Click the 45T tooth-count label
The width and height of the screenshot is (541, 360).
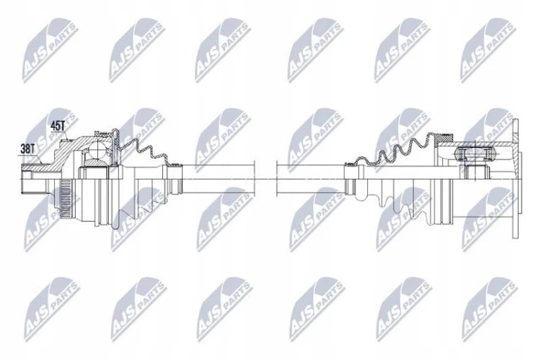click(x=58, y=126)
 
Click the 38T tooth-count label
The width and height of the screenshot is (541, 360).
click(x=27, y=149)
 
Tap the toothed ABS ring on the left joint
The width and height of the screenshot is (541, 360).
click(x=66, y=199)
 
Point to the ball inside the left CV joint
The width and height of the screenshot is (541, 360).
click(x=97, y=150)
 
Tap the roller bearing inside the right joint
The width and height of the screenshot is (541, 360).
click(x=475, y=153)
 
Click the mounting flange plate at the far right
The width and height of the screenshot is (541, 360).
click(x=516, y=179)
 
